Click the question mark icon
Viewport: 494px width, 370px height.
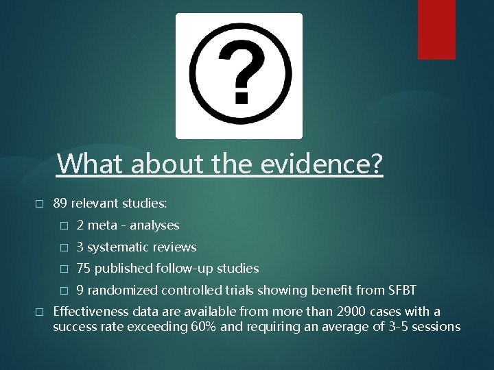point(239,75)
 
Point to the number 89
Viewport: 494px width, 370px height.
point(60,203)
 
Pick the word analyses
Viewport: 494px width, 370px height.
point(155,225)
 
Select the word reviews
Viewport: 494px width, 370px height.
point(175,247)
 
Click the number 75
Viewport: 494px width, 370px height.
point(84,268)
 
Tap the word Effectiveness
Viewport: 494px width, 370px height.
point(88,312)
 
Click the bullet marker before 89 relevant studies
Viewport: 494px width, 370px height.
point(38,204)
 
